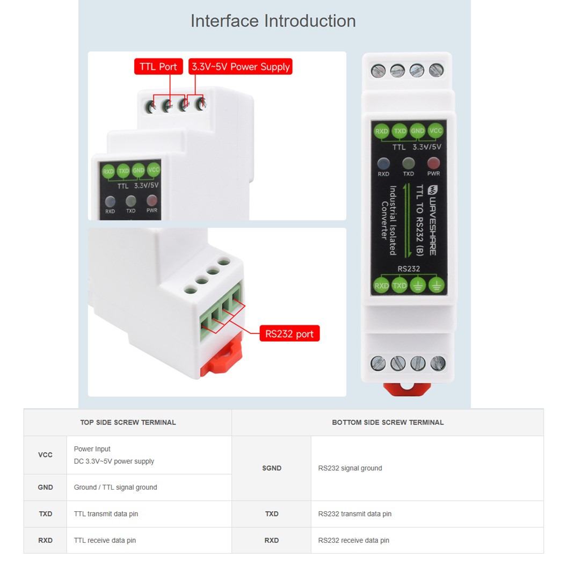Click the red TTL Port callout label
[x=158, y=67]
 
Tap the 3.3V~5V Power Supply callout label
[x=241, y=67]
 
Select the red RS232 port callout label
[x=289, y=333]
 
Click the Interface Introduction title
[x=273, y=21]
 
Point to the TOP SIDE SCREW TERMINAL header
[x=128, y=423]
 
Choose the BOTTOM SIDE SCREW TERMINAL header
[x=388, y=423]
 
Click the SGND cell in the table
[x=272, y=468]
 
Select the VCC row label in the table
[x=46, y=455]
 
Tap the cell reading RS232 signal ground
[x=350, y=468]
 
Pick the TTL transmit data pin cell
[x=106, y=514]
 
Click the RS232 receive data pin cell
[x=353, y=540]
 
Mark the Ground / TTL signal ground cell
[x=115, y=488]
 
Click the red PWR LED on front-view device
[x=433, y=163]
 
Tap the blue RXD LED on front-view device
[x=383, y=163]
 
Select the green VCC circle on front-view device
[x=436, y=131]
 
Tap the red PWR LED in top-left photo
[x=152, y=201]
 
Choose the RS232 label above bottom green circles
[x=409, y=268]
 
